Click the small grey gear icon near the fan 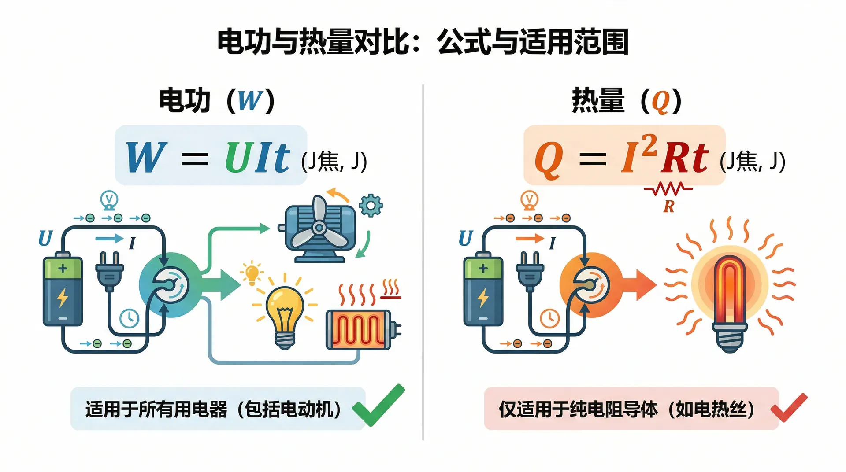[371, 205]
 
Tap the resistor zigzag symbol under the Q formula [668, 189]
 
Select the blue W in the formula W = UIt [146, 157]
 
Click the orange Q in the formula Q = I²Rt [549, 159]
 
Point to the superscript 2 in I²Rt [649, 145]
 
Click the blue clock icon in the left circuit [130, 318]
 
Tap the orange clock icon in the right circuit [550, 318]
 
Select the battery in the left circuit [63, 291]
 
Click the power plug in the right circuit [530, 271]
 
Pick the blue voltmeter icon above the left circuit [109, 200]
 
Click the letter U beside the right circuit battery [466, 239]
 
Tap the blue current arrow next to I [109, 239]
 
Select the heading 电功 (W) [216, 100]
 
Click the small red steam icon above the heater [390, 289]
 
